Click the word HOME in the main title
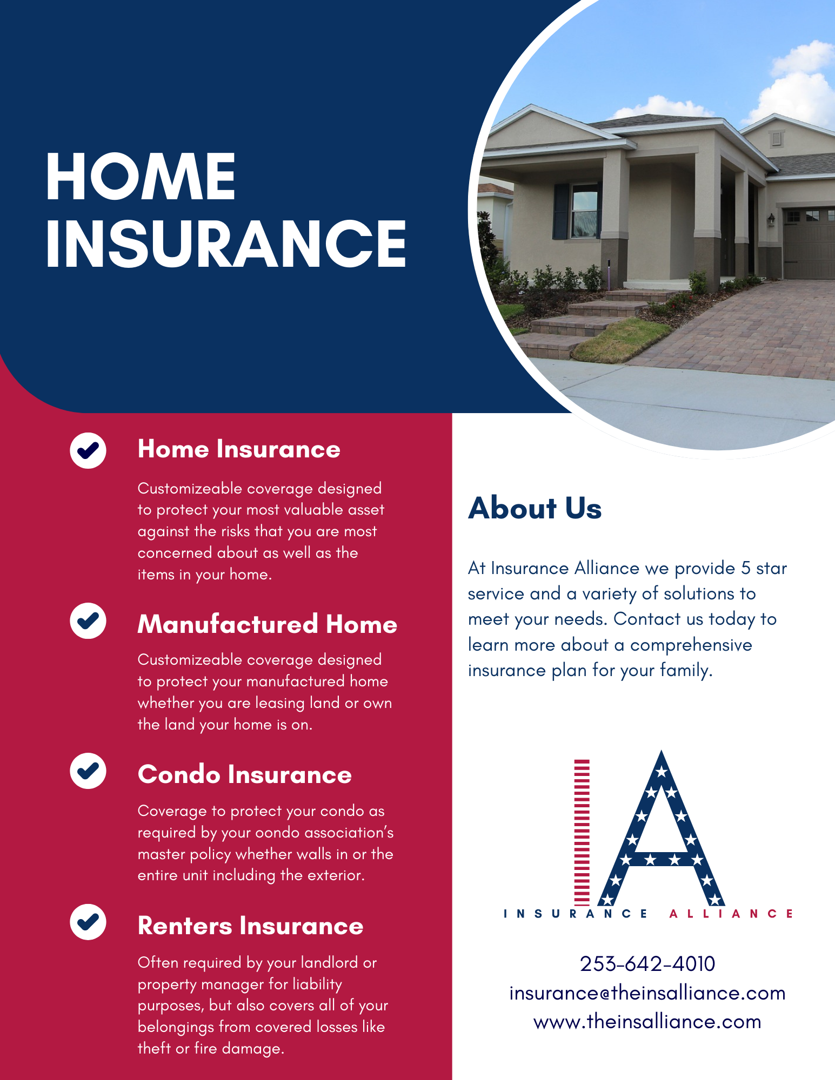pos(141,177)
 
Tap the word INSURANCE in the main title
pos(226,244)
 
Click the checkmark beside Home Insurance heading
pos(88,450)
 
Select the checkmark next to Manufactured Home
pos(88,621)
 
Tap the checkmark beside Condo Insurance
pos(88,771)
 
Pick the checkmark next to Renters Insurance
pos(88,921)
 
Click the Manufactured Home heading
pos(267,624)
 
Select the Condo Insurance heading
pos(244,774)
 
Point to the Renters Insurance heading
pos(250,926)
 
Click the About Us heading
pos(535,508)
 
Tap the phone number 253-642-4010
pos(647,964)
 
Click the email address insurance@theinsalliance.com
pos(647,993)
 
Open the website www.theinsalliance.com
pos(647,1022)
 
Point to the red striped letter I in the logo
pos(582,832)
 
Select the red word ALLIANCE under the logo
pos(731,914)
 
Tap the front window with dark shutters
pos(584,211)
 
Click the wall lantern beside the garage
pos(771,219)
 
